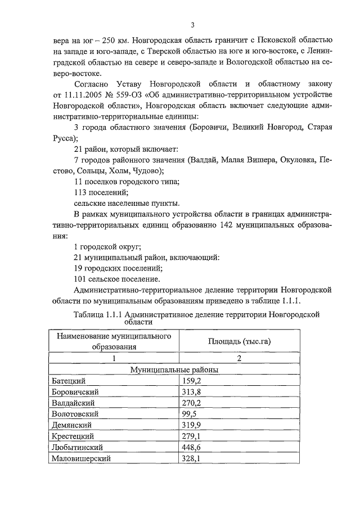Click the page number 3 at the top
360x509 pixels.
click(192, 25)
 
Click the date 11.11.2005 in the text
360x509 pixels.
click(84, 94)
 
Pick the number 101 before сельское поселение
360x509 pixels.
click(81, 278)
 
